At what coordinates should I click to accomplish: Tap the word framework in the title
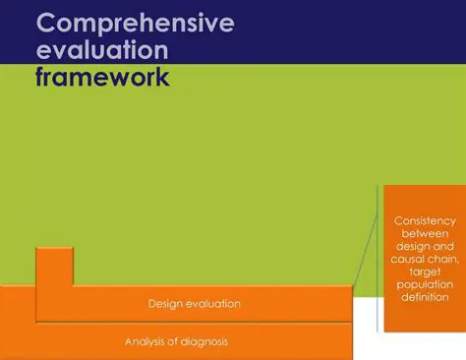(x=101, y=78)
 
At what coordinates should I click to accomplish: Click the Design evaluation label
(x=194, y=304)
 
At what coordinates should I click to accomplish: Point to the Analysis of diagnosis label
(x=178, y=341)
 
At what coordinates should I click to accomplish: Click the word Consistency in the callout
(x=425, y=220)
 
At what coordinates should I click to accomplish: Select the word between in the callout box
(x=425, y=234)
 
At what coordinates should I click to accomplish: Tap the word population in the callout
(x=425, y=283)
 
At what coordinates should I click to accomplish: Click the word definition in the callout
(x=425, y=296)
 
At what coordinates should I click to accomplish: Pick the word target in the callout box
(x=425, y=270)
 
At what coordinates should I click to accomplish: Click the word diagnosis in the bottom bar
(x=203, y=341)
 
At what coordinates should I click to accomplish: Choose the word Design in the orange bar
(x=165, y=304)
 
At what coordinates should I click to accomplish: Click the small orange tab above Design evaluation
(x=53, y=266)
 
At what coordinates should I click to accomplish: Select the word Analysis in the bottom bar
(x=146, y=341)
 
